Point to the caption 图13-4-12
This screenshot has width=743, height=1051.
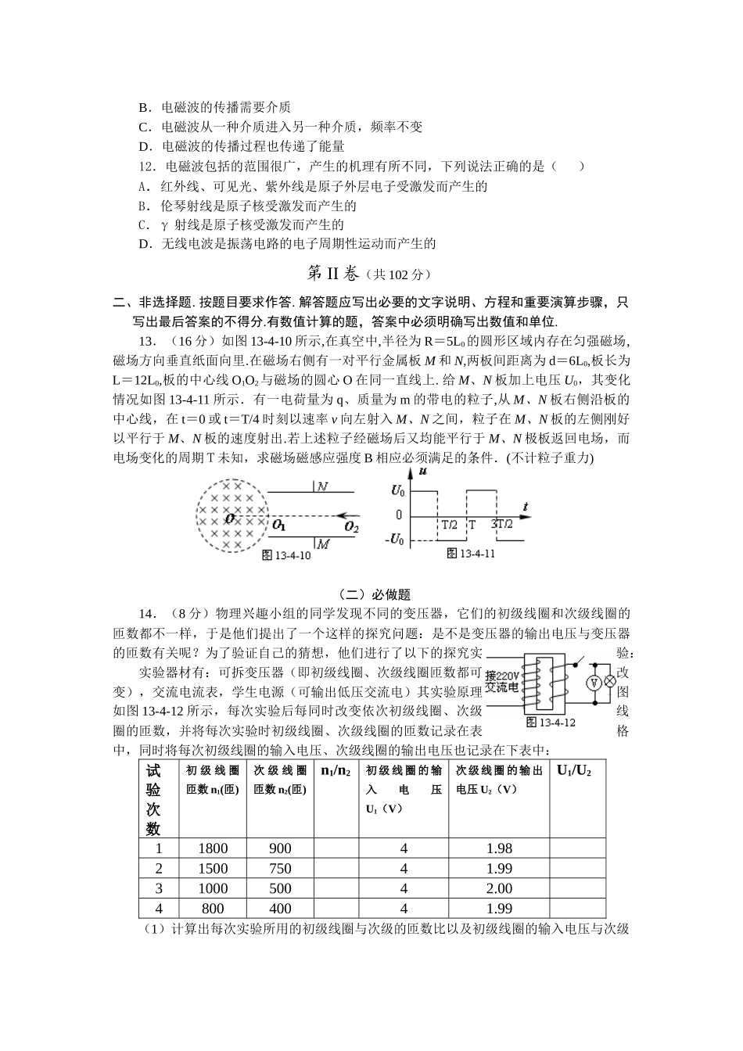coord(551,722)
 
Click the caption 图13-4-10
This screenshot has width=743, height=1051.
coord(285,556)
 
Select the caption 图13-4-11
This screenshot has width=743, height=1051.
coord(471,554)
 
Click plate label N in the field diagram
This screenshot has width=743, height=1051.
coord(322,486)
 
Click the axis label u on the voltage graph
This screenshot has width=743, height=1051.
coord(422,472)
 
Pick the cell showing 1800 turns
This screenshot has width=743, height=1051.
coord(213,848)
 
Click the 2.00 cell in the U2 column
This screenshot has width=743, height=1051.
coord(499,888)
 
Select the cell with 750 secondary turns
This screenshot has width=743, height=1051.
coord(280,869)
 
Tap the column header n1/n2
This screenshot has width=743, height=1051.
coord(336,770)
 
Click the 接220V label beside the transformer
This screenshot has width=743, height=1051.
coord(501,675)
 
